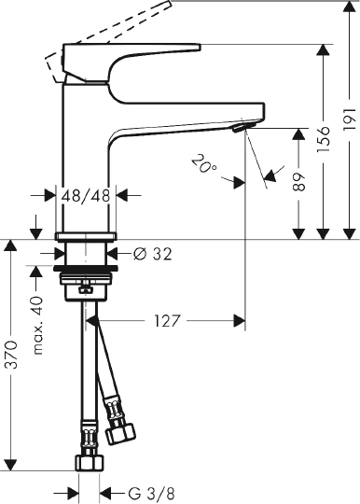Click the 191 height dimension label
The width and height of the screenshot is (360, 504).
coord(348,117)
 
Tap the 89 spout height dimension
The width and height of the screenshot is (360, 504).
coord(298,183)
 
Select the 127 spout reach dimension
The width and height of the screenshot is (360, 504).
coord(166,320)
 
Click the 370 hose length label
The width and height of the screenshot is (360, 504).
coord(11,354)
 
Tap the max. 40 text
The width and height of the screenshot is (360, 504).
coord(37,326)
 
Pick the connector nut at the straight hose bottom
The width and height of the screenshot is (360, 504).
coord(90,463)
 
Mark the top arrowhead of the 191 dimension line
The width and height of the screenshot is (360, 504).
coord(348,7)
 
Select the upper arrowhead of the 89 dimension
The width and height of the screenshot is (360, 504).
coord(298,133)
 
